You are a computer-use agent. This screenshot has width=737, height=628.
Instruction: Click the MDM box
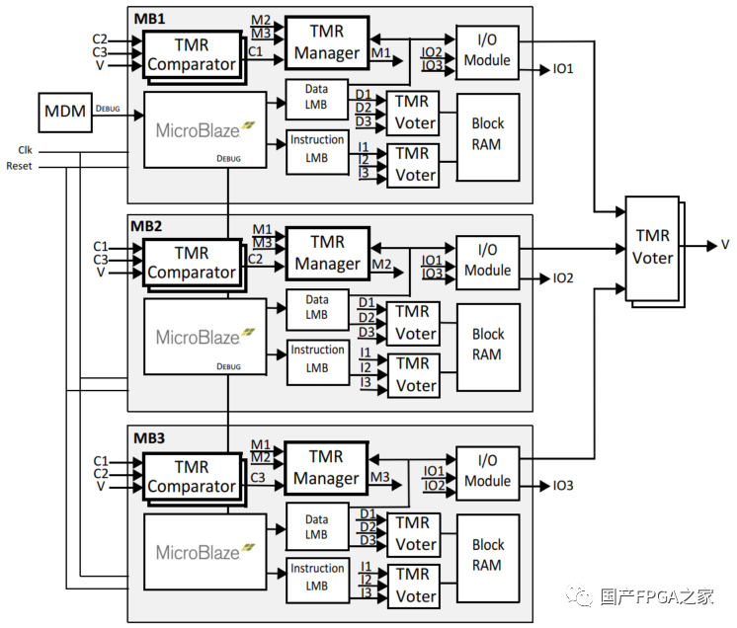pos(64,114)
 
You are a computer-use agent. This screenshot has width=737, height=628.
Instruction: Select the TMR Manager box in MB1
pos(327,42)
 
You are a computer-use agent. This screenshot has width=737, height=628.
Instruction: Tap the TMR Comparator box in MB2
pos(192,262)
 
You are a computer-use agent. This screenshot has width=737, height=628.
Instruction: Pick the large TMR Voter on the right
pos(653,248)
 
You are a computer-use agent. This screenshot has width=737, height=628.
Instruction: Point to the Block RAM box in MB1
pos(487,134)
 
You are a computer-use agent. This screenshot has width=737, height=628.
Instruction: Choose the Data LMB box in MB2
pos(316,307)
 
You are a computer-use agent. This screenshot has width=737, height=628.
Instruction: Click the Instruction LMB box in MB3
pos(317,579)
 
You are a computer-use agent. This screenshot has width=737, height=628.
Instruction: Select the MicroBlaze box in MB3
pos(205,550)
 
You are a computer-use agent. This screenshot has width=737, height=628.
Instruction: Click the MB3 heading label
pos(147,437)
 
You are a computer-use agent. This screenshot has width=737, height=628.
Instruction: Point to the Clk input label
pos(25,150)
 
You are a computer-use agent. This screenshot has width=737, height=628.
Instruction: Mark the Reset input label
pos(19,166)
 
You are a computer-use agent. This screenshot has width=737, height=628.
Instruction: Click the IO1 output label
pos(563,70)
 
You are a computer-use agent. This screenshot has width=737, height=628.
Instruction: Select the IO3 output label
pos(563,486)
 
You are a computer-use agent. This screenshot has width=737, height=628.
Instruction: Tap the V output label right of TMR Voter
pos(725,245)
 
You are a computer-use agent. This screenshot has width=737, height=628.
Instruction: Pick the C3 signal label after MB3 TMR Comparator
pos(257,478)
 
